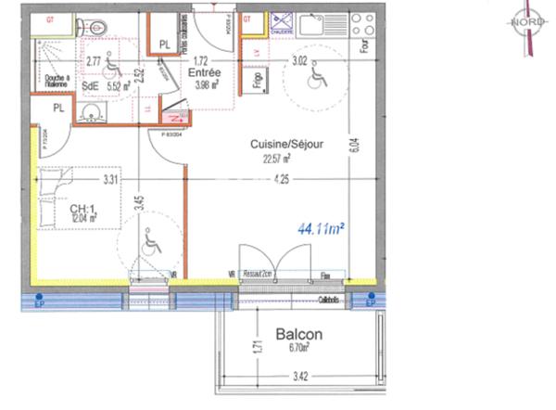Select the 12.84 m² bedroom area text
[x=83, y=219]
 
